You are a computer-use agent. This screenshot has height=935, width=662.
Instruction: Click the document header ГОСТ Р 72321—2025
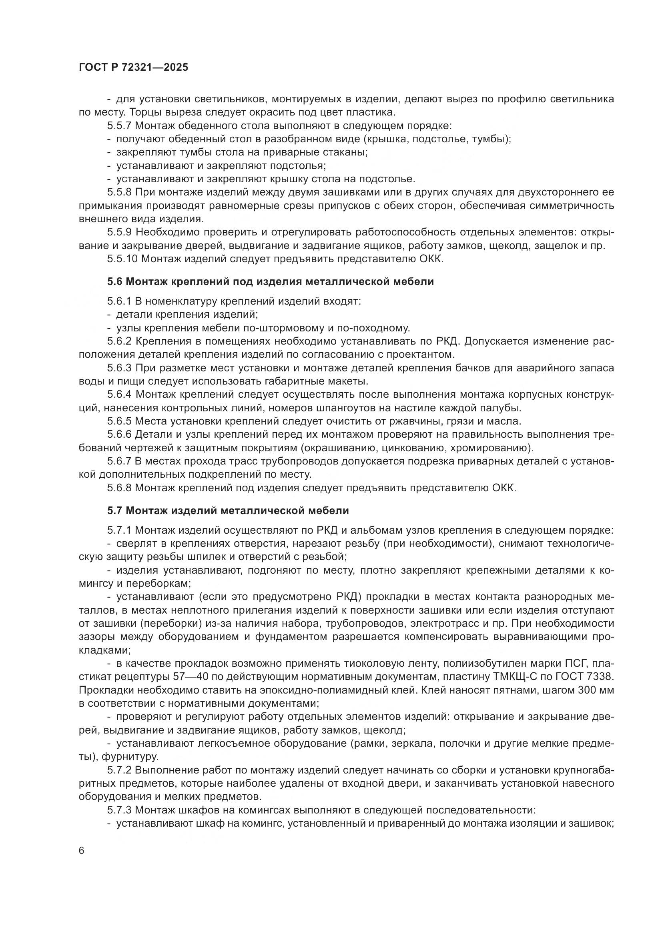[x=133, y=68]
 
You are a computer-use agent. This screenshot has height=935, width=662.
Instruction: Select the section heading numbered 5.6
[x=270, y=281]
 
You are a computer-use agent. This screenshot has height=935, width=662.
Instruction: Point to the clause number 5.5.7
[x=120, y=126]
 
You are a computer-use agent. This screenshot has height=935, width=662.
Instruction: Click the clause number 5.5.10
[x=123, y=259]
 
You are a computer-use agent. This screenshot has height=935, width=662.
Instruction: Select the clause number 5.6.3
[x=120, y=368]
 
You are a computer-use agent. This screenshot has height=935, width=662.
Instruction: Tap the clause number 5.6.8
[x=120, y=488]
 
